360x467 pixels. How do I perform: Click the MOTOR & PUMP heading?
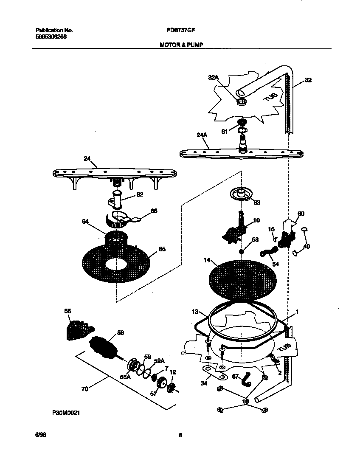coord(178,44)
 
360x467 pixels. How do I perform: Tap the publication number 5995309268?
coord(51,36)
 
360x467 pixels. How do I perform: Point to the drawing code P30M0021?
coord(66,412)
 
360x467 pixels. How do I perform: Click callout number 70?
coord(84,388)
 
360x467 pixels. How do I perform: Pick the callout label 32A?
coord(213,77)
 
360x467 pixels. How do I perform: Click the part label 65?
coord(162,249)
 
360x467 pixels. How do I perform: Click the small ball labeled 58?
coord(241,251)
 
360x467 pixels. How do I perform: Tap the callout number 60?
coord(301,214)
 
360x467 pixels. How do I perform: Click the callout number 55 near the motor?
coord(67,311)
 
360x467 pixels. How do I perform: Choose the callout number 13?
coord(195,312)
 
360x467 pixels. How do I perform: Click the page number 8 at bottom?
coord(180,434)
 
